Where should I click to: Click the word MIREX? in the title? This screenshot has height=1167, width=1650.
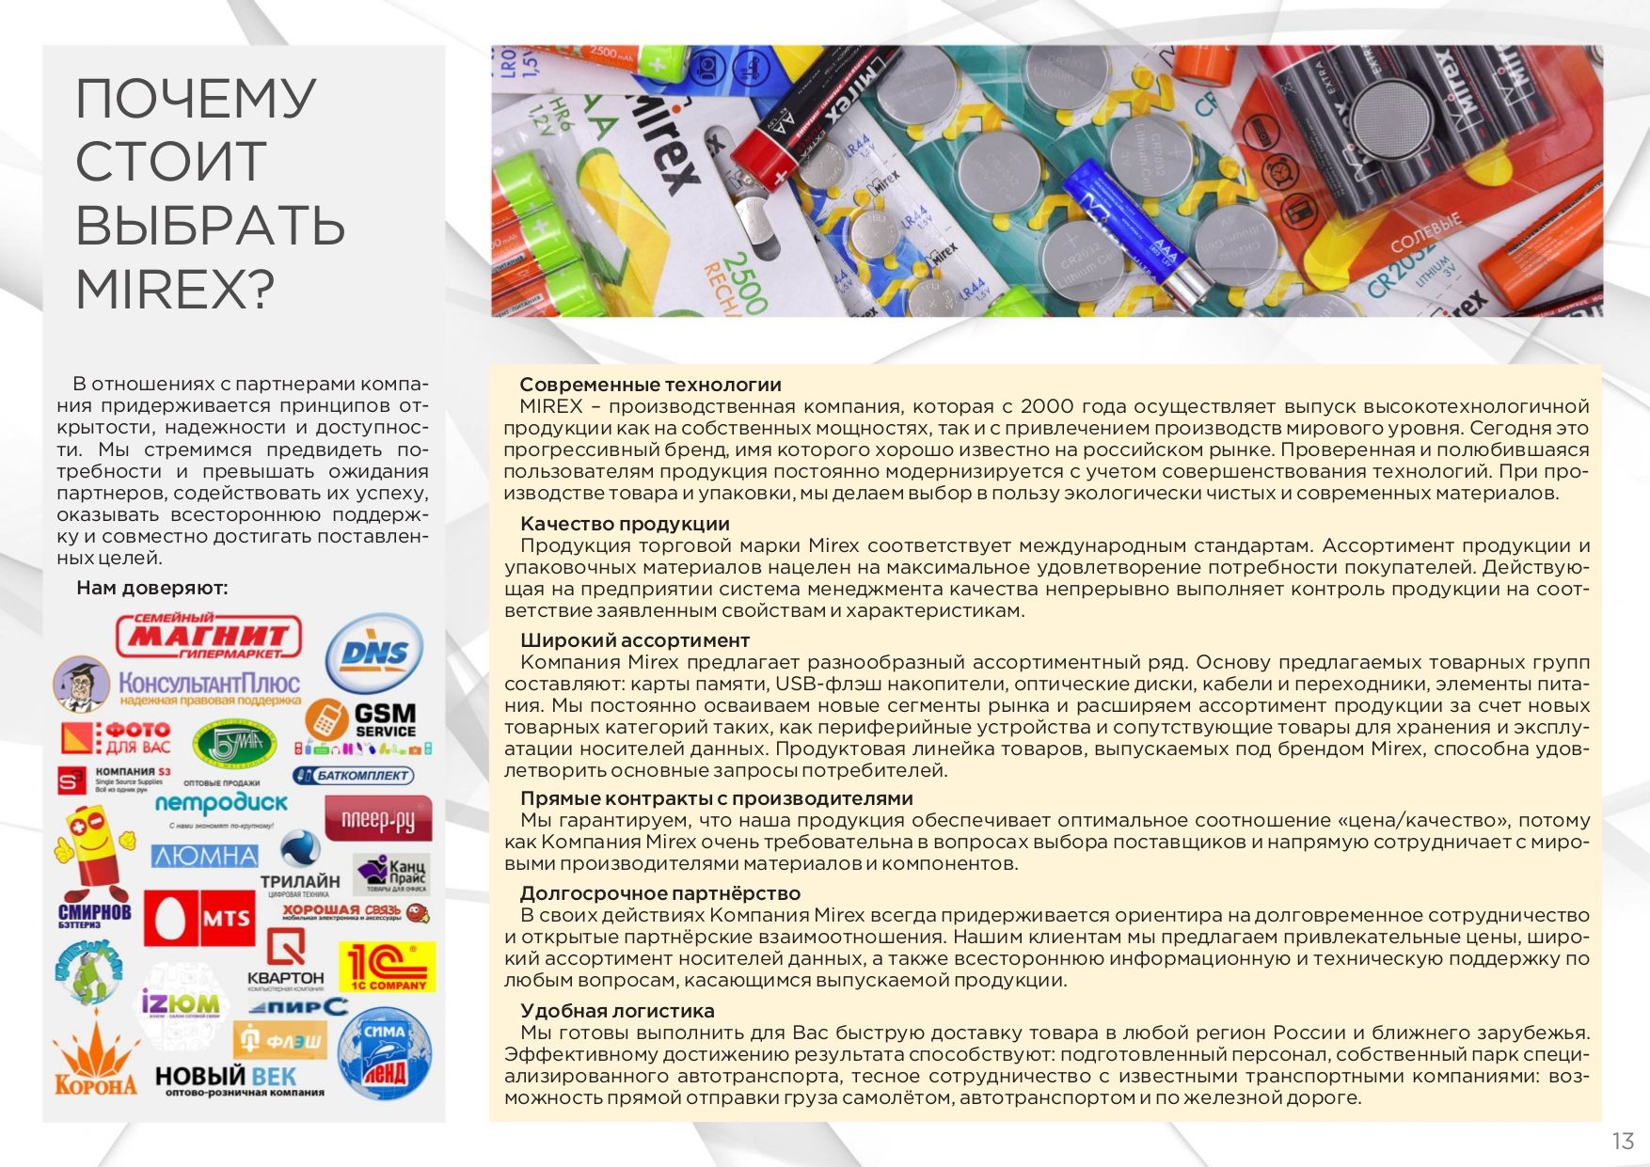175,289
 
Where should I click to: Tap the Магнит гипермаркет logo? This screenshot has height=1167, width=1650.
209,637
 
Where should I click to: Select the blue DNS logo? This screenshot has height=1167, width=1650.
374,654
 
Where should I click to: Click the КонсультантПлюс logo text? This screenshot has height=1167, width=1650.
209,685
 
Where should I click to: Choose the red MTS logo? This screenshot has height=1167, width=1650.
198,918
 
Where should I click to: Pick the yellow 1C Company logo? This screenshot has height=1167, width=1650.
387,967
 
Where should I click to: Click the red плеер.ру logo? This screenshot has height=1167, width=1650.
377,819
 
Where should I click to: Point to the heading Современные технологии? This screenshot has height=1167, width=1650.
650,385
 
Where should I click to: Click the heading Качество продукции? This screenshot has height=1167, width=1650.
625,524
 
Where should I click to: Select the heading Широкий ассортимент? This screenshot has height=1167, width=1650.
635,640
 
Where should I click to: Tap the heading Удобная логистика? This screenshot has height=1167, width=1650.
617,1011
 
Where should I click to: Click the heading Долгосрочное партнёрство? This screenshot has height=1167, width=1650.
660,893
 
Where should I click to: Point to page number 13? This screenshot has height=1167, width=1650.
1623,1141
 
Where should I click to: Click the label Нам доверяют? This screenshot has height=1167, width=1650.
152,588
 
